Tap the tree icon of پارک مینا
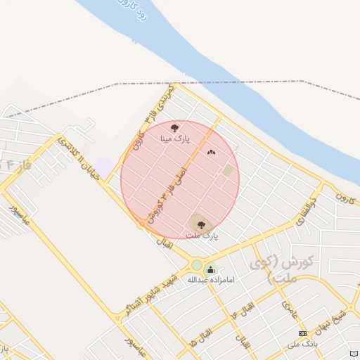pyautogui.click(x=174, y=128)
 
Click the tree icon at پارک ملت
pyautogui.click(x=201, y=225)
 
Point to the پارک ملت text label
pyautogui.click(x=203, y=236)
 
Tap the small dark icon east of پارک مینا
pyautogui.click(x=210, y=152)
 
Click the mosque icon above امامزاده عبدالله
pyautogui.click(x=210, y=269)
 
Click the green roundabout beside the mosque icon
pyautogui.click(x=196, y=265)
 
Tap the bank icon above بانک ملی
pyautogui.click(x=302, y=333)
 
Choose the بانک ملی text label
pyautogui.click(x=303, y=344)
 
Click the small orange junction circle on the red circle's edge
pyautogui.click(x=142, y=224)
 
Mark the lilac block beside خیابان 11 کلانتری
pyautogui.click(x=104, y=167)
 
